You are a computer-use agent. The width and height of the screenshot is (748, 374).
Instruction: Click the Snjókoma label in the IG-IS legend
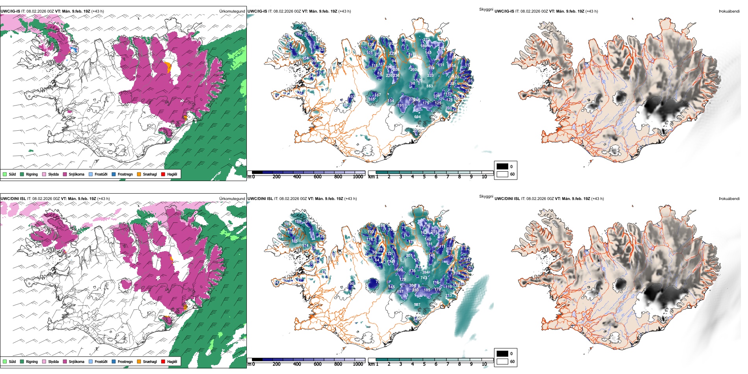[x=76, y=174]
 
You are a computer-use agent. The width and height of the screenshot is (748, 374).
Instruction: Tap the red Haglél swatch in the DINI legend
[x=163, y=362]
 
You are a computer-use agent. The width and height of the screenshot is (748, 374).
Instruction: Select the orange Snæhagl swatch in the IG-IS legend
[x=139, y=174]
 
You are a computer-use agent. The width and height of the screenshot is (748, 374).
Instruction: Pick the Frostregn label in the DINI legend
[x=125, y=362]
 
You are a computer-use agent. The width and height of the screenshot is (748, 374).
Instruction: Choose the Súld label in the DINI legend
[x=12, y=362]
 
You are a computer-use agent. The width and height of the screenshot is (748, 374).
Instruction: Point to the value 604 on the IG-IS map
[x=417, y=117]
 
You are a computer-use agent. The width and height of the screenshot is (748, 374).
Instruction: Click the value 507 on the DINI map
[x=417, y=305]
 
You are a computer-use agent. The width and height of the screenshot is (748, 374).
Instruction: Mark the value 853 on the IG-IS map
[x=430, y=86]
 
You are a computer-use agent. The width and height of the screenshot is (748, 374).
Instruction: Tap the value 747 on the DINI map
[x=424, y=278]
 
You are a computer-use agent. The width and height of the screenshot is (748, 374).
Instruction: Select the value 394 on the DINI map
[x=426, y=272]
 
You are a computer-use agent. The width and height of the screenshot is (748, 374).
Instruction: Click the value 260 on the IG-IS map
[x=414, y=70]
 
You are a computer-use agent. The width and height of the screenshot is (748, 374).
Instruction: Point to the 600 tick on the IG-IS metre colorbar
[x=317, y=177]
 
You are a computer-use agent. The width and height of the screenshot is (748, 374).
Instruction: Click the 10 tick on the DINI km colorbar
[x=484, y=365]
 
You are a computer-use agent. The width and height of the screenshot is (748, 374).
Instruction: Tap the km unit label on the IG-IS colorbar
[x=371, y=177]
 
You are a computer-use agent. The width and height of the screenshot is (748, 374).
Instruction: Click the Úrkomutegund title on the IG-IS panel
[x=232, y=11]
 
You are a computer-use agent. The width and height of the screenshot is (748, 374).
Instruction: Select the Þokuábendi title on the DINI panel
[x=729, y=199]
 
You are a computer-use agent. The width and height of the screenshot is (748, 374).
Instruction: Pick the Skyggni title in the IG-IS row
[x=486, y=9]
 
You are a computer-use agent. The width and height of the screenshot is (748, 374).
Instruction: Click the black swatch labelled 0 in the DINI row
[x=502, y=354]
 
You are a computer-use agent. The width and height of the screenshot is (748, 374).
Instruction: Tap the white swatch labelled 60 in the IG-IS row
[x=502, y=174]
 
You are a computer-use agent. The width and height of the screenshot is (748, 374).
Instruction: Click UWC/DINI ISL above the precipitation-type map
[x=14, y=199]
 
